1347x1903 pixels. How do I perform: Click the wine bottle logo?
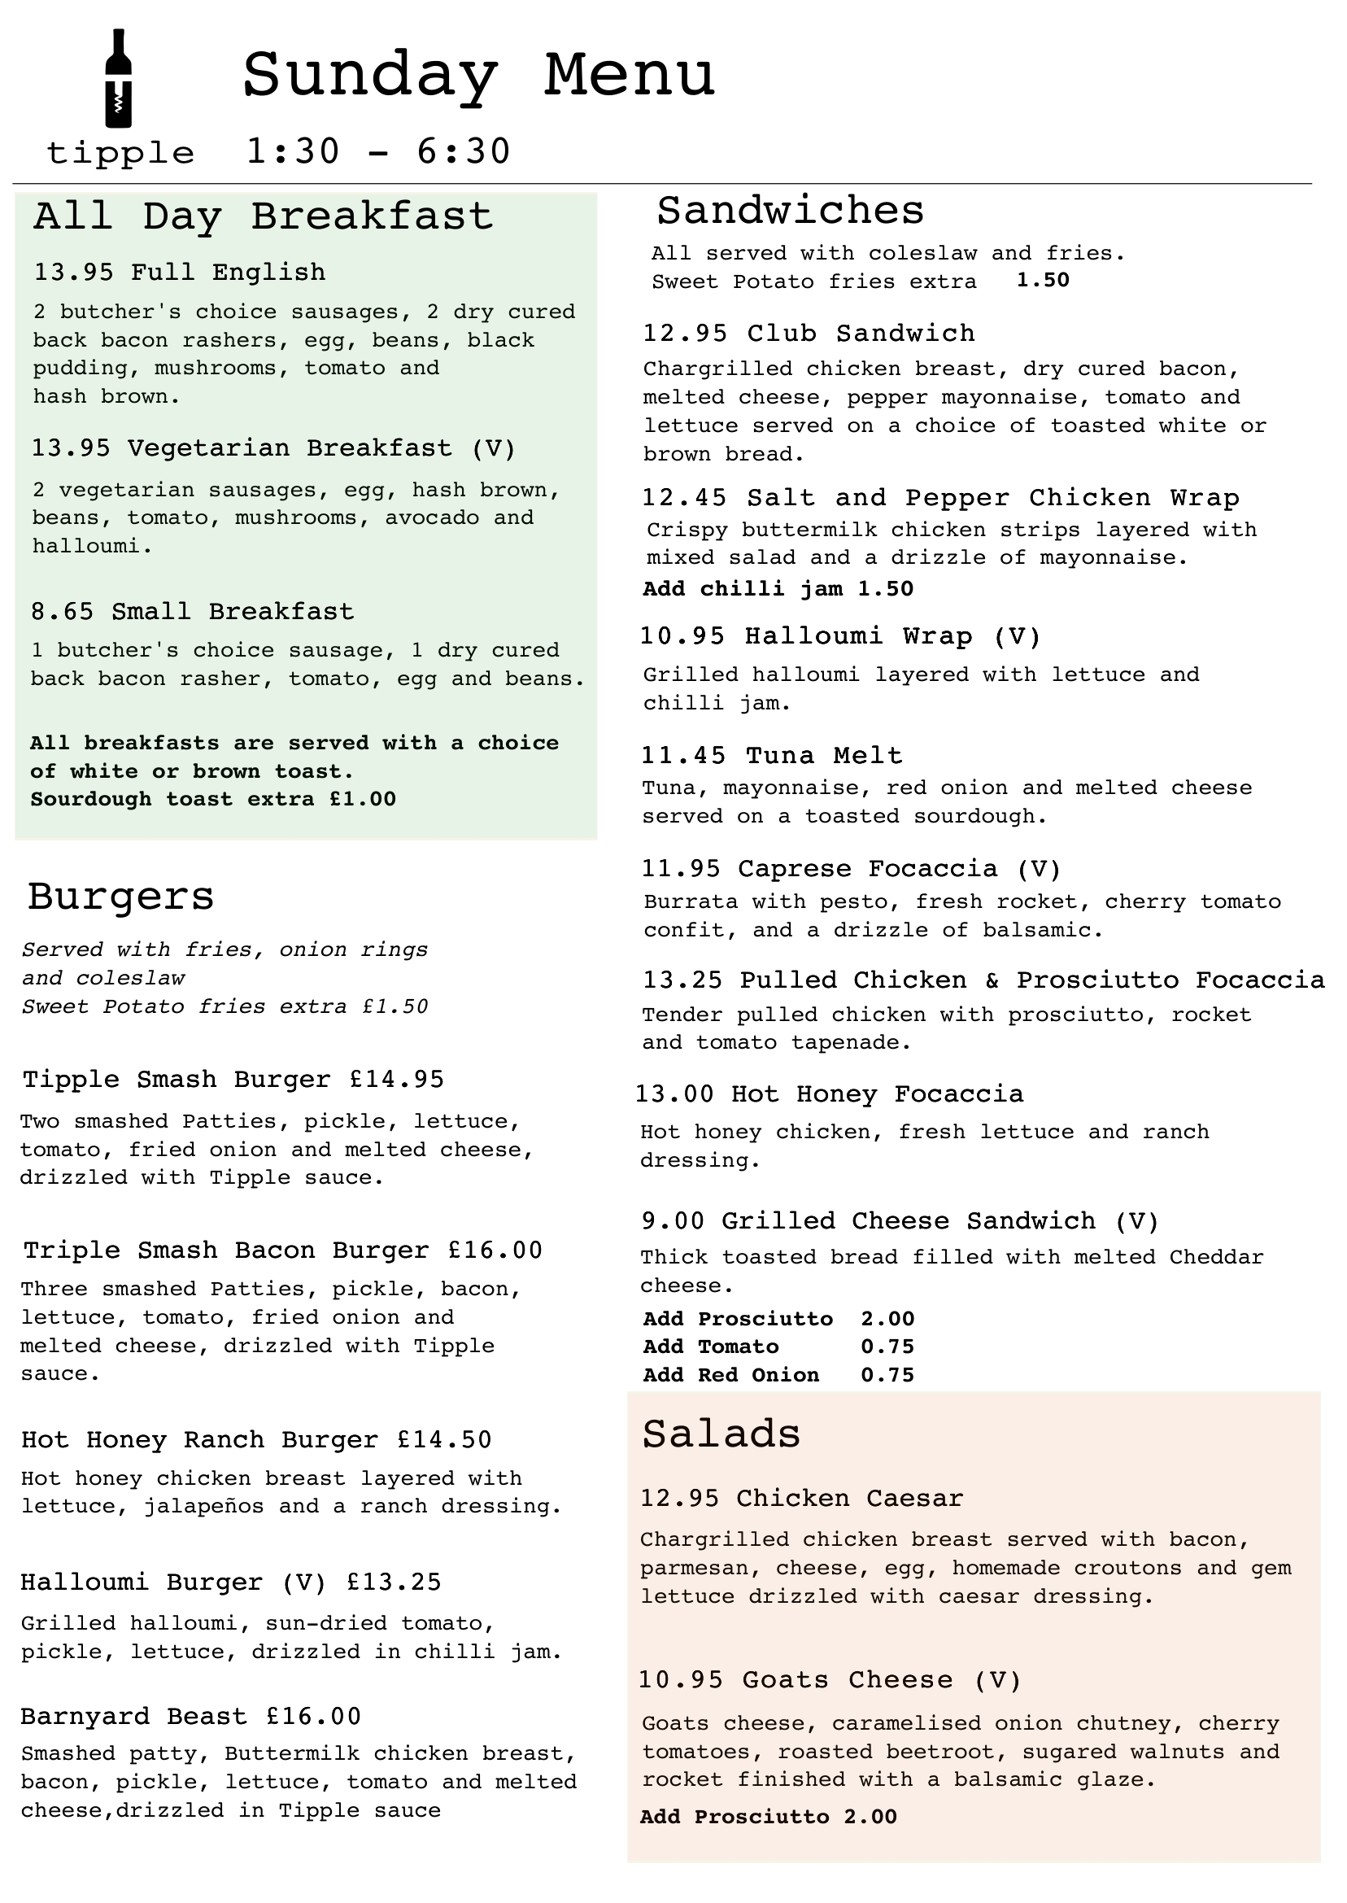pos(119,79)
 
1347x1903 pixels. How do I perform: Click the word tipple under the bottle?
pos(121,154)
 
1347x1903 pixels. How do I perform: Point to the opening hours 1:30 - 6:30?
pos(378,152)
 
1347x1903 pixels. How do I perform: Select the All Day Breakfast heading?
pos(263,216)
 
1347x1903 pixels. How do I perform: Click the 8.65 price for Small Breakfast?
pos(64,612)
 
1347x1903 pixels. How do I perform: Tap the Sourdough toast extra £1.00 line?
pos(213,800)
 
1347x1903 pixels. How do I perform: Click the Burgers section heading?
pos(121,897)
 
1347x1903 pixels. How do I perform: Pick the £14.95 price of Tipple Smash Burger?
pos(396,1080)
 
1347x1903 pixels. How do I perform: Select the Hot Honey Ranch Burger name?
pos(200,1440)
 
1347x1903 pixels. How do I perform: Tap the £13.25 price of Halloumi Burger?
pos(394,1582)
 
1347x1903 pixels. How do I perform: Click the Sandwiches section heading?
pos(790,211)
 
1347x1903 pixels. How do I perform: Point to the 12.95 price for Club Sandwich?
pos(685,334)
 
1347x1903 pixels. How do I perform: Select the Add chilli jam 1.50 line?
pos(778,589)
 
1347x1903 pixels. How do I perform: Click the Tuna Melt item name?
pos(824,756)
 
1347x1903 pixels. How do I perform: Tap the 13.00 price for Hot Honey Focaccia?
pos(674,1094)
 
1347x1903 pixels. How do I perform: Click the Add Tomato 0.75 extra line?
pos(778,1347)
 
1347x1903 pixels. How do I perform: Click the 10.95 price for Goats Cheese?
pos(680,1681)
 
